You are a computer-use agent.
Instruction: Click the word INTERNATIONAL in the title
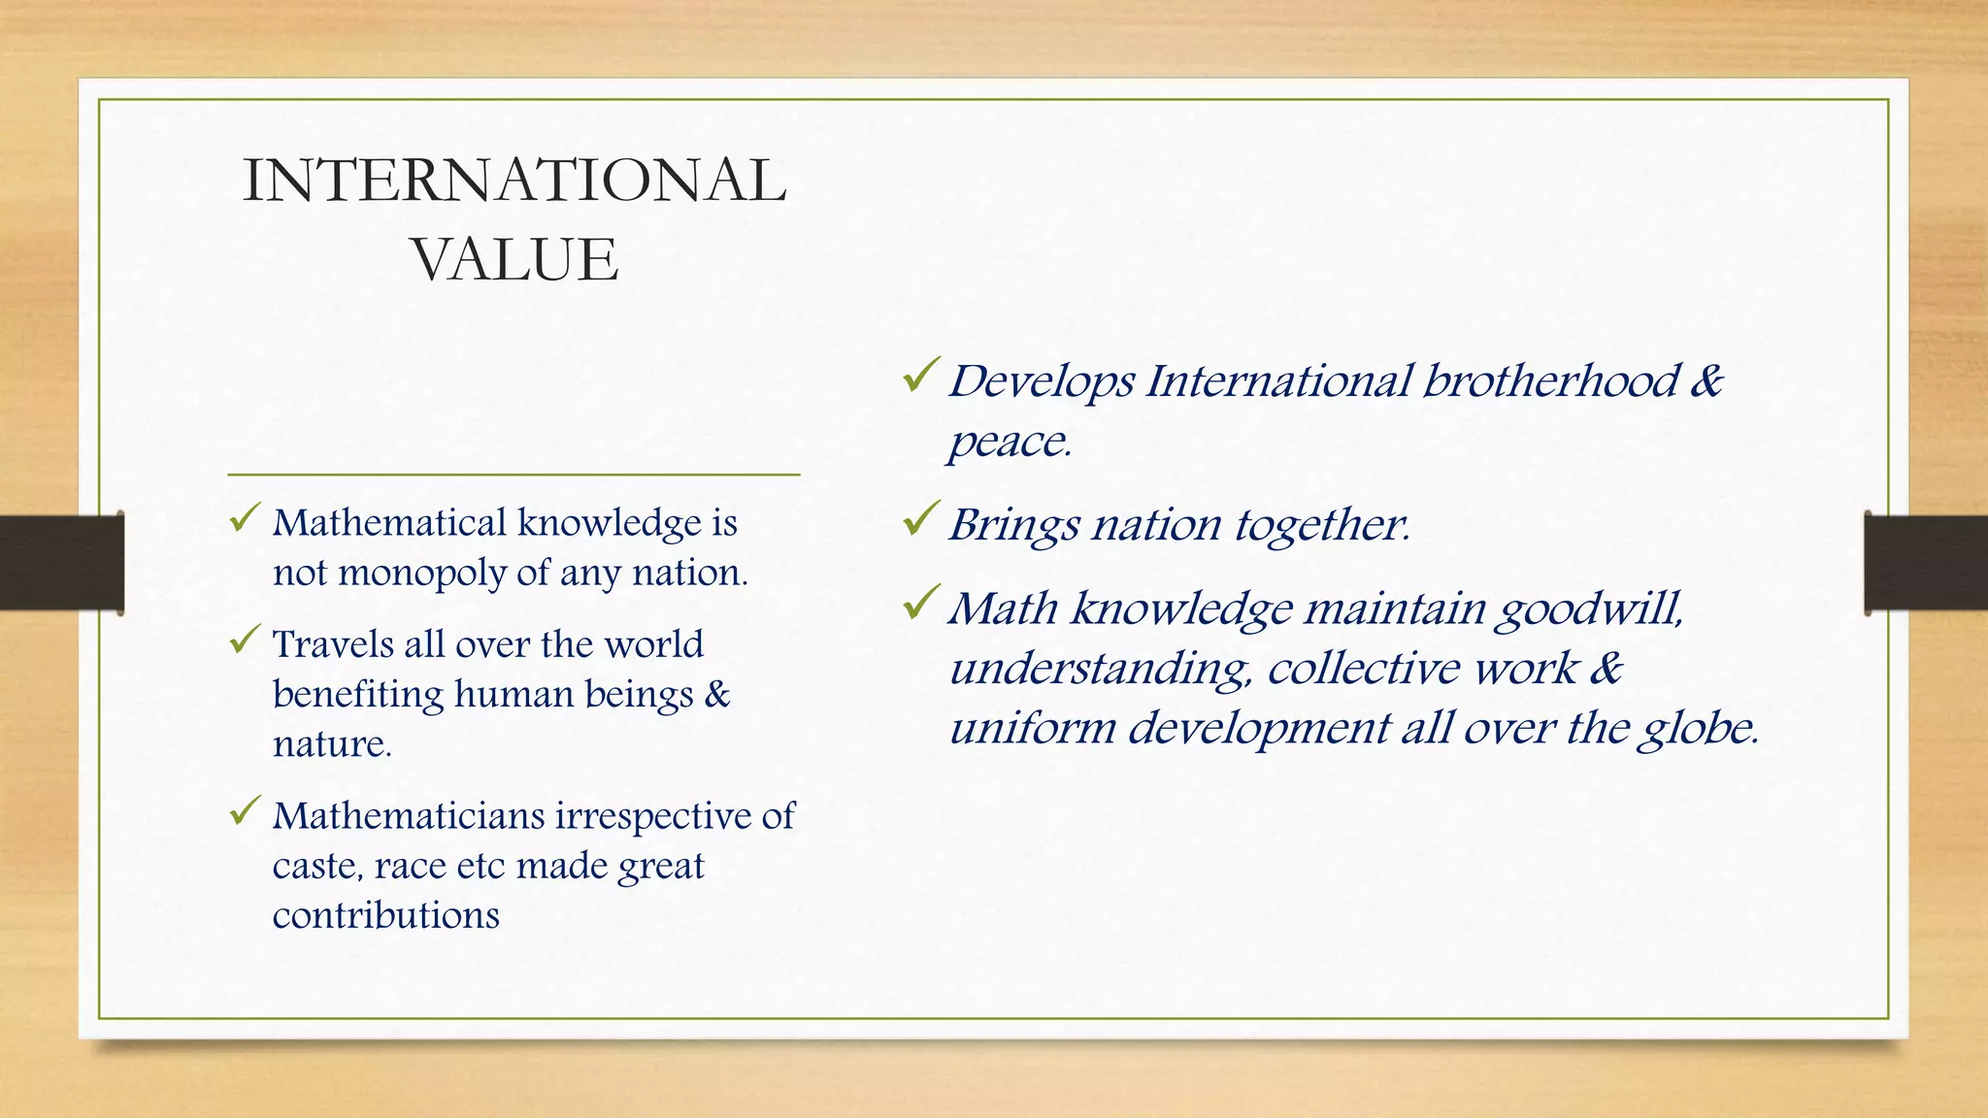click(514, 181)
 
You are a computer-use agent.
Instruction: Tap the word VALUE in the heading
click(514, 259)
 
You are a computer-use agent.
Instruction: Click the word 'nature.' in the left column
click(332, 744)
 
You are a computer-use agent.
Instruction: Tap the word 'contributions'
click(385, 915)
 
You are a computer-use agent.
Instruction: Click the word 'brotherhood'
click(1550, 380)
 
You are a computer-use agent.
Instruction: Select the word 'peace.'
click(1010, 443)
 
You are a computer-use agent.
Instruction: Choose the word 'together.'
click(1322, 525)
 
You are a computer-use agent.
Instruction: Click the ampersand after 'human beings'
click(716, 695)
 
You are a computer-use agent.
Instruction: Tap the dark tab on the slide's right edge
click(1926, 563)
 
